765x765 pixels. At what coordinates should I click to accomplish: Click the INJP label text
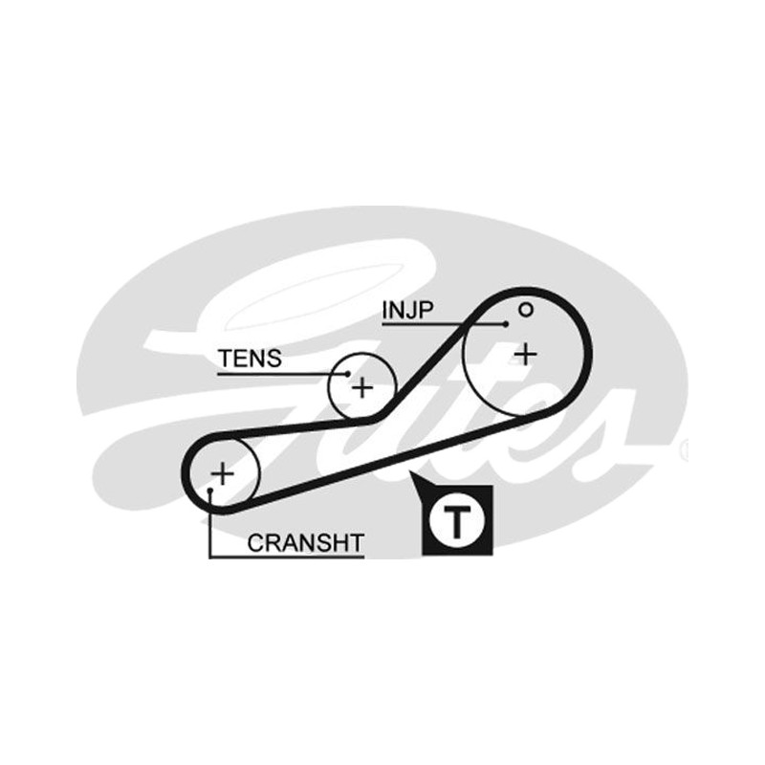tap(408, 310)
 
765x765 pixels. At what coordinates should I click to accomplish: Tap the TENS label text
tap(250, 359)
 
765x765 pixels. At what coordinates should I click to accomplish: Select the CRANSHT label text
tap(306, 543)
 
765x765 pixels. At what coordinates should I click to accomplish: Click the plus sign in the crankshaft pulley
tap(223, 473)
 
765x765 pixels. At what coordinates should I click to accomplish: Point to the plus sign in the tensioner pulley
tap(362, 388)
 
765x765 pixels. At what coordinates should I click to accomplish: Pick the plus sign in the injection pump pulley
tap(526, 355)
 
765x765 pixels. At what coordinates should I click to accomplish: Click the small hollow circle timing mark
tap(525, 310)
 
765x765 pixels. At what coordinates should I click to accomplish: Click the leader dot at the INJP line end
tap(506, 324)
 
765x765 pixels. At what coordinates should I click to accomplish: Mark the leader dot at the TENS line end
tap(347, 374)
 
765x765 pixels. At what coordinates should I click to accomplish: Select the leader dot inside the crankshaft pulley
tap(210, 490)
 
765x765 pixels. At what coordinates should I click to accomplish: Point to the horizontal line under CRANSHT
tap(286, 557)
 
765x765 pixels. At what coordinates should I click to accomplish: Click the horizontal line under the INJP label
tap(443, 324)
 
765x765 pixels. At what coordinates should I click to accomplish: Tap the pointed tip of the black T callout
tap(411, 472)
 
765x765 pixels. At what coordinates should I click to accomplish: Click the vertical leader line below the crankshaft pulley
tap(209, 524)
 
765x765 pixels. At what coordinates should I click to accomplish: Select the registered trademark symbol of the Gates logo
tap(685, 449)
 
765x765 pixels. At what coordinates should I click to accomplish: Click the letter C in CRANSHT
tap(256, 543)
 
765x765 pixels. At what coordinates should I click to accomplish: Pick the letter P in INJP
tap(426, 310)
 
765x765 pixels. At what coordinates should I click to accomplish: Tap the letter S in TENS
tap(274, 359)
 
